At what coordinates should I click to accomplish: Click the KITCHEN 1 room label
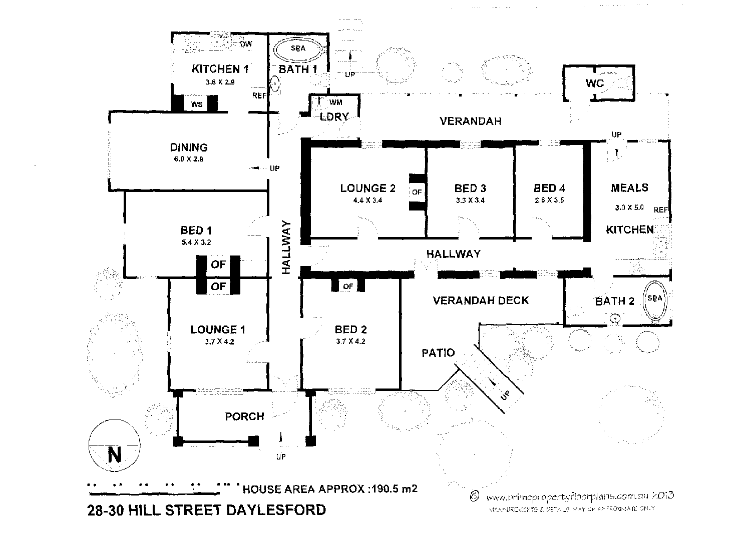(x=220, y=69)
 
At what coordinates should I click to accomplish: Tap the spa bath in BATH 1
(x=298, y=49)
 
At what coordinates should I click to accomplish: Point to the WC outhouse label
(x=595, y=83)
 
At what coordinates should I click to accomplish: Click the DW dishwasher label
(x=246, y=44)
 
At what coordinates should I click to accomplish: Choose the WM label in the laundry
(x=336, y=102)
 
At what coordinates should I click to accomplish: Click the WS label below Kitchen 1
(x=197, y=104)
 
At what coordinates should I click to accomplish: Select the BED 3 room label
(x=470, y=188)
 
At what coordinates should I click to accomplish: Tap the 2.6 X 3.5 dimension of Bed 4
(x=549, y=200)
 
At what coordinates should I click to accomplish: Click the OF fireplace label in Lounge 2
(x=417, y=192)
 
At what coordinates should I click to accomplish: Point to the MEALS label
(x=629, y=188)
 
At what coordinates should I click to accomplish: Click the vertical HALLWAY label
(x=286, y=247)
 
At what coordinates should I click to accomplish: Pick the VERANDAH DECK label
(x=481, y=300)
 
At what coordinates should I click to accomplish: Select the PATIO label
(x=438, y=353)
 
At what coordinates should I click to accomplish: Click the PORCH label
(x=244, y=416)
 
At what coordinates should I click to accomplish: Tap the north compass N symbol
(x=115, y=455)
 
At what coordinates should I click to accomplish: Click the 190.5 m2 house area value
(x=393, y=488)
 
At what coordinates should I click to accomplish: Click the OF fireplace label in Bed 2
(x=348, y=286)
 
